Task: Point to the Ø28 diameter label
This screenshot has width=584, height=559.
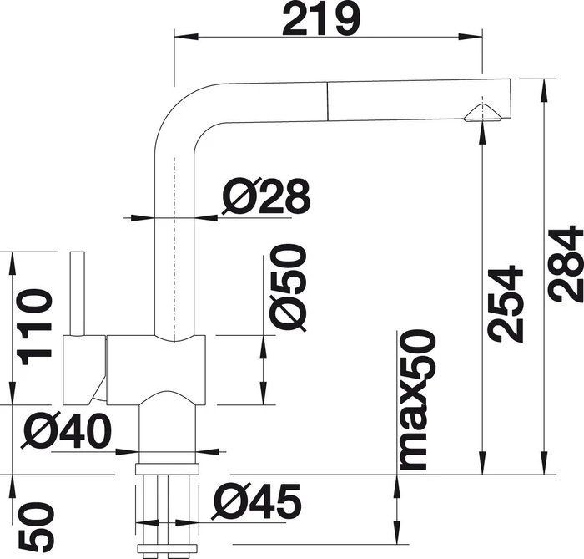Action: coord(266,196)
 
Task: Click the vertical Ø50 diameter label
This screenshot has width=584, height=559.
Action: coord(289,287)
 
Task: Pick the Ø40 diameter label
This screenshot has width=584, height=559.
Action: coord(67,431)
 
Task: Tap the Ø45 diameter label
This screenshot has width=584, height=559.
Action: coord(256,501)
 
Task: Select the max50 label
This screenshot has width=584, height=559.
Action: coord(417,399)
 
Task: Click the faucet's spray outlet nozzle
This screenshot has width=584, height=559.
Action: coord(483,114)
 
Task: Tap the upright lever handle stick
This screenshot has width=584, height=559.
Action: coord(78,293)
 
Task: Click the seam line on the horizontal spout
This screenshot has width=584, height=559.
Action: coord(328,101)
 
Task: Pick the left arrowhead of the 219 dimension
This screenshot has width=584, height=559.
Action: coord(185,37)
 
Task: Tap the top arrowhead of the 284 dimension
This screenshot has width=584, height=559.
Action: coord(544,90)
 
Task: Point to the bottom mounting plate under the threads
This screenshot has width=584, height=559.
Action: coord(167,548)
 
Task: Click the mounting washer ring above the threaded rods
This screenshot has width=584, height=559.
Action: coord(167,469)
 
